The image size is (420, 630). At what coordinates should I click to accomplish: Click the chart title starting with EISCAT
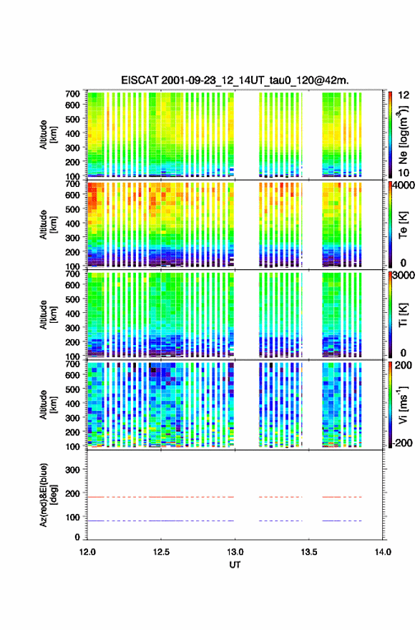235,80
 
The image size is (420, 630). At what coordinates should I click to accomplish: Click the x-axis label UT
235,565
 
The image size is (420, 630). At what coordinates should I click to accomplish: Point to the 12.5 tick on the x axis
161,552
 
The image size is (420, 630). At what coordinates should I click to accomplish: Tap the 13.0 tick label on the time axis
235,552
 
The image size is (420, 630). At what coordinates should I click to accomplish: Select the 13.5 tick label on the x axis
309,552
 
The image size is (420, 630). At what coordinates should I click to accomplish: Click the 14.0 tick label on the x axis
383,552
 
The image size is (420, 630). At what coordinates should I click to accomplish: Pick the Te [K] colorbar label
403,225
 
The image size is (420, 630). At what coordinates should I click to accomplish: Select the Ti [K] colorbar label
403,314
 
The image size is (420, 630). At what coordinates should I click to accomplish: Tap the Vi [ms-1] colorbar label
403,405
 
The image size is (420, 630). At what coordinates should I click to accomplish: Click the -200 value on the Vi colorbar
402,442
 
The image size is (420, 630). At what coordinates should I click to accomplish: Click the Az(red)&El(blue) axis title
49,495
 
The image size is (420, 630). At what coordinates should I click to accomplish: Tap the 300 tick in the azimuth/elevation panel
73,470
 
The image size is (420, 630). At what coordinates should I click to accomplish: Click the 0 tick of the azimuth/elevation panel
77,537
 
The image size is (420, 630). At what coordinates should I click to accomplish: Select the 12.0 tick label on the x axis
87,552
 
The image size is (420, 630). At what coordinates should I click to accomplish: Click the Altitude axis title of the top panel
49,135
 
